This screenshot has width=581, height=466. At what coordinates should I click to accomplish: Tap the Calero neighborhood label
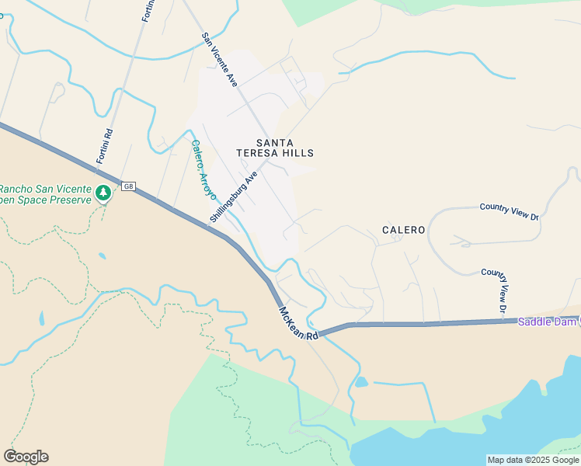[x=403, y=230]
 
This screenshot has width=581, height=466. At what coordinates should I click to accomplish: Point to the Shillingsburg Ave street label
[x=233, y=198]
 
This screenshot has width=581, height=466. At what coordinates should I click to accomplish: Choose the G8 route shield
[x=129, y=186]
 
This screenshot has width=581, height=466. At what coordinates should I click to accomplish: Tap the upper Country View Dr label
[x=509, y=210]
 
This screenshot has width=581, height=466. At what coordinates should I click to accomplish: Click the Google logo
[x=26, y=457]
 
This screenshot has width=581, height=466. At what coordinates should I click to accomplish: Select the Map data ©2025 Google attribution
[x=532, y=460]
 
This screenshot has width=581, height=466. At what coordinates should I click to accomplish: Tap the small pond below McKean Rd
[x=360, y=382]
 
